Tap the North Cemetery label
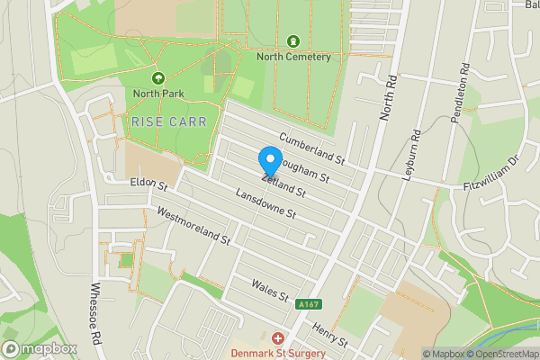tap(293, 57)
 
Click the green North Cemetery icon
tap(293, 41)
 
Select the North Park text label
tap(158, 93)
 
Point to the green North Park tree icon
tap(158, 78)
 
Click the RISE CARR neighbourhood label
tap(169, 121)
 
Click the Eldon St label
tap(149, 184)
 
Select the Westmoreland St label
tap(193, 228)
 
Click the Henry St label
tap(331, 336)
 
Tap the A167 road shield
tap(307, 306)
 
